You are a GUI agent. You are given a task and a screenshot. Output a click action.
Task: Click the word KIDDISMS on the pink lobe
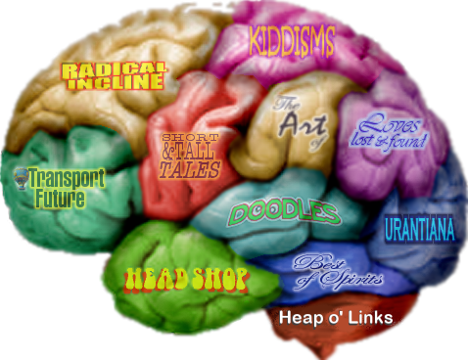292,40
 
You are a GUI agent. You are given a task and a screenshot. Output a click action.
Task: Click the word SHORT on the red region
182,137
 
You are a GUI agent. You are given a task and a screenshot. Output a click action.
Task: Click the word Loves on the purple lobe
384,124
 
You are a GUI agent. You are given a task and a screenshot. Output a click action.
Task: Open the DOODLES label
284,212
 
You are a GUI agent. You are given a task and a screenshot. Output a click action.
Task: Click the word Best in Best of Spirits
314,261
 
